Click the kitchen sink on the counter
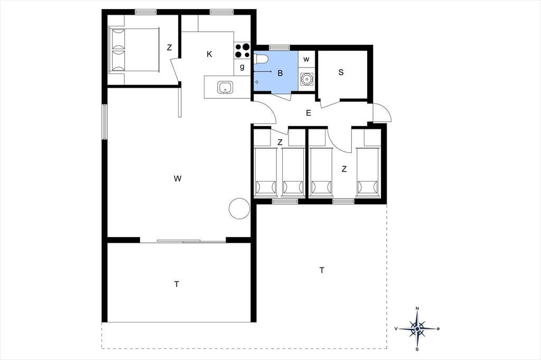point(225,87)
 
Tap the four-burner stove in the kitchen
point(242,50)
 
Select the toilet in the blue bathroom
point(260,59)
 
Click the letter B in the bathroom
point(280,73)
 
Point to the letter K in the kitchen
point(209,54)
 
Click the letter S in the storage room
point(341,72)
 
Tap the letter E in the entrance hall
point(309,113)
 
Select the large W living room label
point(178,178)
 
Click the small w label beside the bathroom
point(306,60)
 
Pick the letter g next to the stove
point(242,67)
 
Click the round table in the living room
point(239,209)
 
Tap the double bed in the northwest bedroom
point(134,50)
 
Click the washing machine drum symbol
point(306,79)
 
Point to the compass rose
point(417,329)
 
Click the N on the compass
point(417,308)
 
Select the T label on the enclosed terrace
point(176,285)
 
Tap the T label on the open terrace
point(322,270)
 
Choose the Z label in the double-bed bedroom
point(169,48)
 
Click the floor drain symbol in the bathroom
point(257,82)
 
